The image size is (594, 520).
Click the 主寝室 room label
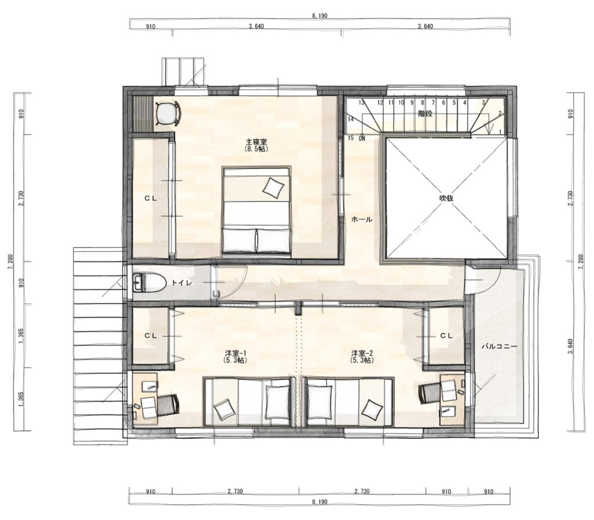pos(256,142)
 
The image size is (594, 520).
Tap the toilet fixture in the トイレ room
pos(150,283)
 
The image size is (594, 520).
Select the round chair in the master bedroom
pos(168,113)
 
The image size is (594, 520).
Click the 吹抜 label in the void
pos(447,198)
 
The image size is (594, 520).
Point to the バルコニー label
pos(499,346)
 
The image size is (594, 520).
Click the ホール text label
pos(362,219)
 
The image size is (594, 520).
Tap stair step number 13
pos(361,102)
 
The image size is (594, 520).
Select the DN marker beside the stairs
pos(362,138)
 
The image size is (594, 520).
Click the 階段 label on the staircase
pos(425,113)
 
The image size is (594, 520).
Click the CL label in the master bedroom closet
pos(151,198)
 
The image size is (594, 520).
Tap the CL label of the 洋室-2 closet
pos(446,335)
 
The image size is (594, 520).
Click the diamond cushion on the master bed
pos(273,187)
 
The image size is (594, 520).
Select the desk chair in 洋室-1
pos(167,405)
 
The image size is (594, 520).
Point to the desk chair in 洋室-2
pos(430,393)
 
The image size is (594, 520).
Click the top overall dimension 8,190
pos(320,16)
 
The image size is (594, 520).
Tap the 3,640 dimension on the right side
pos(571,346)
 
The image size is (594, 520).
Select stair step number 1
pos(500,132)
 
